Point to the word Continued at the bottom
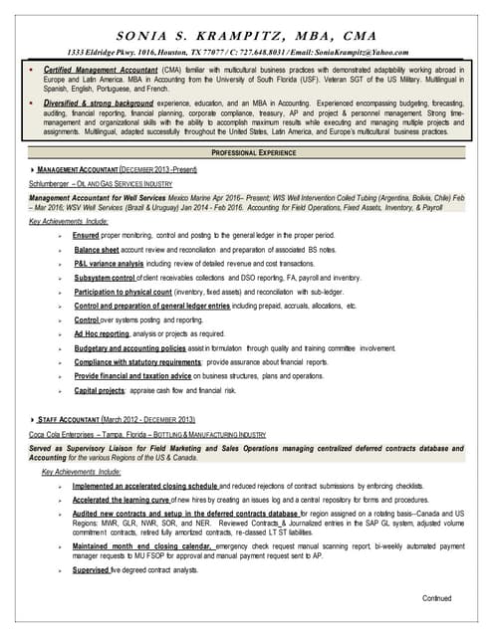[x=436, y=597]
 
